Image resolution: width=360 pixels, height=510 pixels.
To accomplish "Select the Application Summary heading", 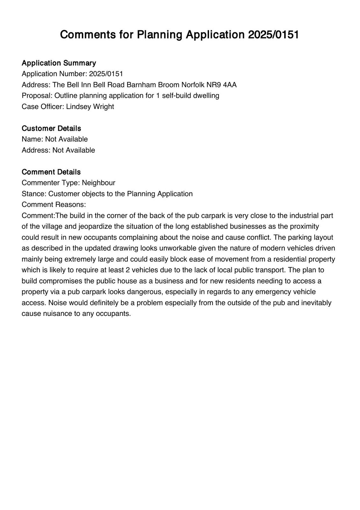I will [59, 63].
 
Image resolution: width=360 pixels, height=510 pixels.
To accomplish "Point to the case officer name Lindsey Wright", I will [90, 106].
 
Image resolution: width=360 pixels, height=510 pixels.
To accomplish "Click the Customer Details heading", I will [51, 128].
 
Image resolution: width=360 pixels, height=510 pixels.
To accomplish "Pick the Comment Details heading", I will [51, 172].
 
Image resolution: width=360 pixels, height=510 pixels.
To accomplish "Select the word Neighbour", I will [98, 183].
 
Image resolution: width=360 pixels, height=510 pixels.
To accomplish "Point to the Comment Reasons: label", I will [54, 205].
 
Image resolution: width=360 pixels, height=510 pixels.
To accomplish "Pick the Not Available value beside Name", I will [66, 139].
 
